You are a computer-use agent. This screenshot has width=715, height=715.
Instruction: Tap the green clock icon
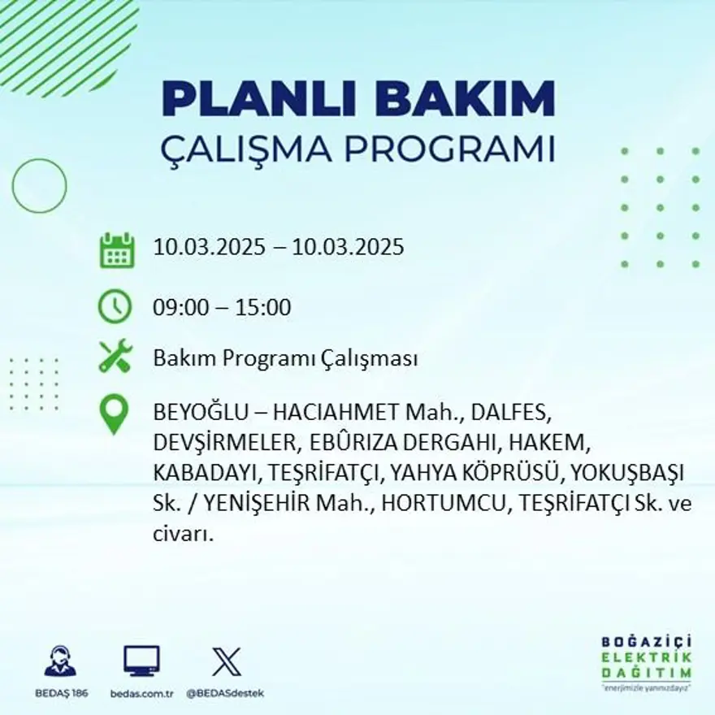pyautogui.click(x=115, y=306)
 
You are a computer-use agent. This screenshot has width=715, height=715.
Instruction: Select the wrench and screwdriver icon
pyautogui.click(x=115, y=356)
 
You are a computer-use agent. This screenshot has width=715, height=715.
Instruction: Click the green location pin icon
pyautogui.click(x=115, y=414)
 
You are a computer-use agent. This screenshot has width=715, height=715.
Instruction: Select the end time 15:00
pyautogui.click(x=263, y=308)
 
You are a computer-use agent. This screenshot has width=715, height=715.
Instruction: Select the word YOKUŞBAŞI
pyautogui.click(x=628, y=472)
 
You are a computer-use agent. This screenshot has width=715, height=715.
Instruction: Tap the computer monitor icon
pyautogui.click(x=141, y=661)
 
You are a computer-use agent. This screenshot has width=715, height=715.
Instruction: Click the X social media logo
pyautogui.click(x=226, y=661)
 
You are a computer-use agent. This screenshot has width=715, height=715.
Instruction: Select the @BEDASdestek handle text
pyautogui.click(x=224, y=693)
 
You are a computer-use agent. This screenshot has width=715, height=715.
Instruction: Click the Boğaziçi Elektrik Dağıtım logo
pyautogui.click(x=646, y=661)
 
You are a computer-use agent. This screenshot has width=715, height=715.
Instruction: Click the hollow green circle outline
pyautogui.click(x=39, y=186)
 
